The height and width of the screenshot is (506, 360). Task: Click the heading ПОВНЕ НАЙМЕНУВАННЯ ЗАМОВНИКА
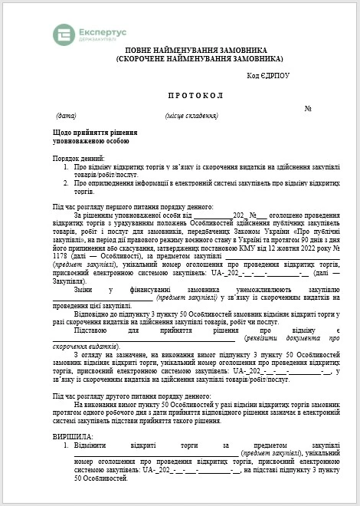click(x=197, y=49)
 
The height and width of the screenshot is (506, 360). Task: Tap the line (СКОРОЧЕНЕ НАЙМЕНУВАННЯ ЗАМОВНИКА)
click(x=198, y=58)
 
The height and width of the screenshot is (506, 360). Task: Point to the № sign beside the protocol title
click(x=308, y=108)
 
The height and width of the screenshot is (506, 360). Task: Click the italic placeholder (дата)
click(x=67, y=116)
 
